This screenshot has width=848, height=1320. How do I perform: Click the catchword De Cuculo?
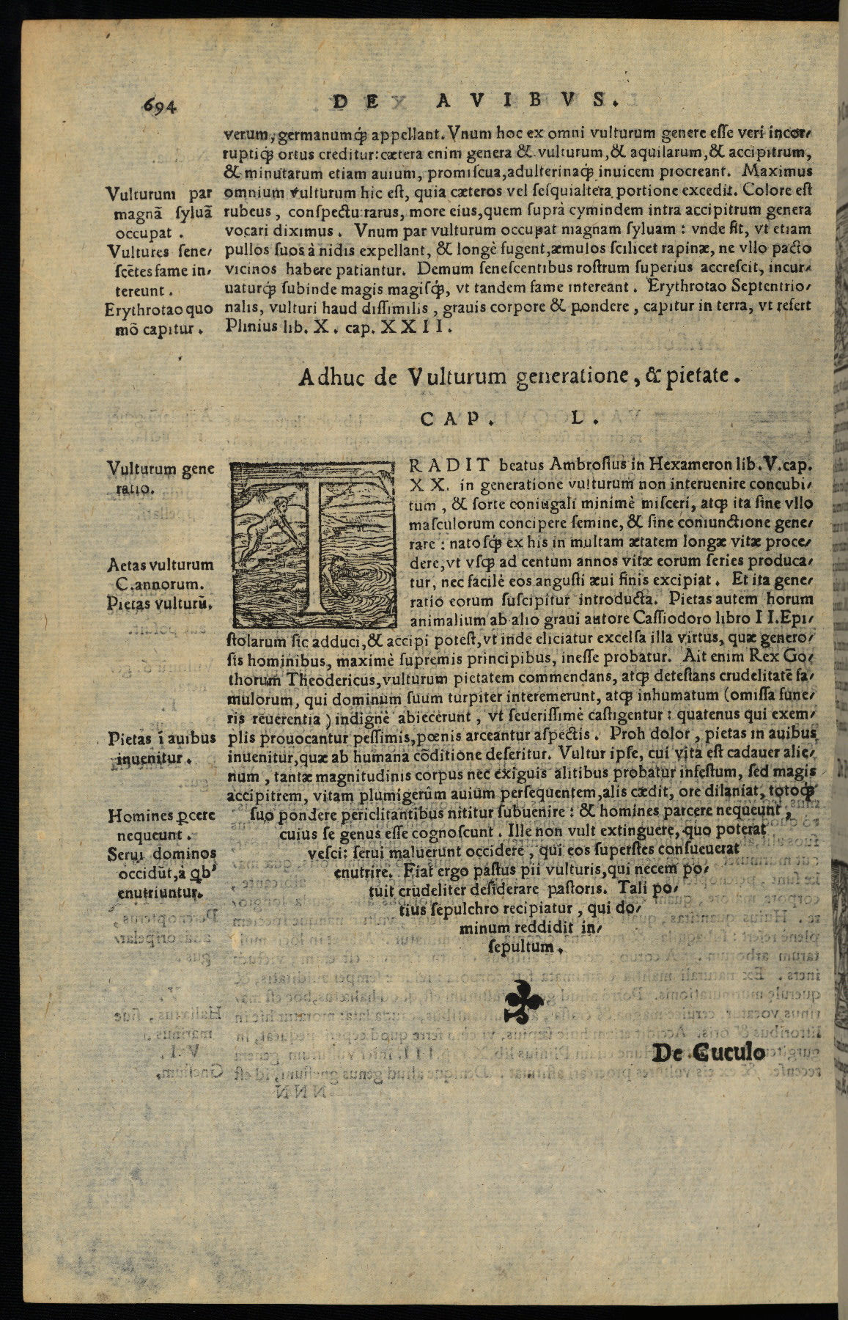point(708,1053)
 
